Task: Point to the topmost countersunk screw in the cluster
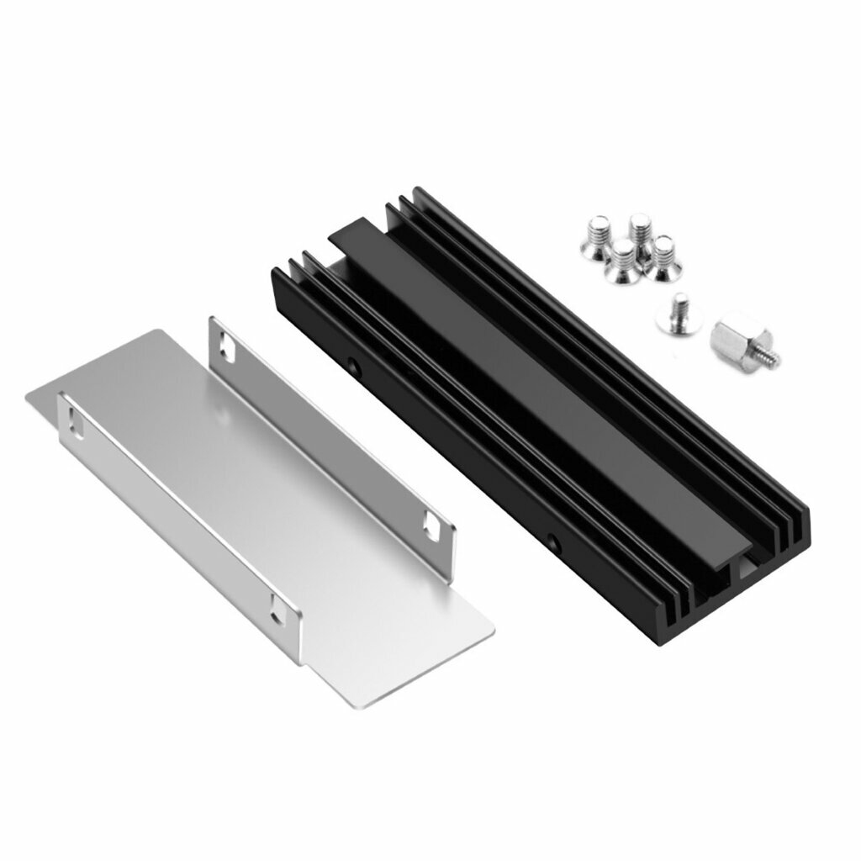coord(639,231)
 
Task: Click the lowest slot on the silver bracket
coord(280,609)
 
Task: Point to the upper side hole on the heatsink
coord(353,367)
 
